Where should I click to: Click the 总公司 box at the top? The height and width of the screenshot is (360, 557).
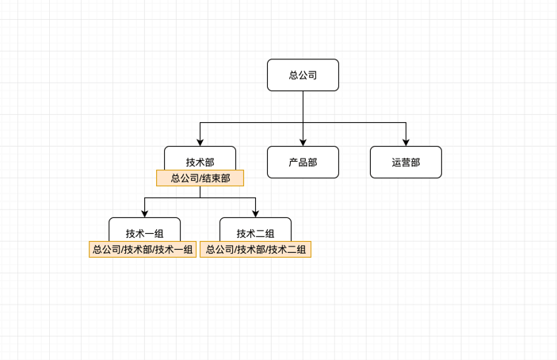(303, 75)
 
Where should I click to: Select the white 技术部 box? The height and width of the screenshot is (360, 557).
(200, 159)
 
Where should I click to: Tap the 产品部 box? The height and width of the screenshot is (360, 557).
(303, 162)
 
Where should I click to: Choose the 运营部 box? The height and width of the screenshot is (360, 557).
(406, 162)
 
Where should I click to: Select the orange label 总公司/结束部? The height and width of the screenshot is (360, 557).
(200, 178)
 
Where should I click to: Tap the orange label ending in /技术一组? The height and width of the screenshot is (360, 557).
(143, 250)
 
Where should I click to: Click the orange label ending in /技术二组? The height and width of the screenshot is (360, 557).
(255, 250)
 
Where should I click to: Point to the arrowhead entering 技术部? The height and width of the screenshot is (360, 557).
(200, 142)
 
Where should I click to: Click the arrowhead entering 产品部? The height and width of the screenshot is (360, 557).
(303, 142)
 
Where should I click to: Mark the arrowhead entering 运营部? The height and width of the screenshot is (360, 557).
(406, 142)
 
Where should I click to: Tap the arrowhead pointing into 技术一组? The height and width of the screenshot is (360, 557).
(144, 213)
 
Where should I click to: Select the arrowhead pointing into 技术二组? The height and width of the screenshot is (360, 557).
(255, 213)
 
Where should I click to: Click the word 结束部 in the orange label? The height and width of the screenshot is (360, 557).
(215, 178)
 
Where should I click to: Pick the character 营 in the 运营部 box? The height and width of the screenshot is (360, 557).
(406, 162)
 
